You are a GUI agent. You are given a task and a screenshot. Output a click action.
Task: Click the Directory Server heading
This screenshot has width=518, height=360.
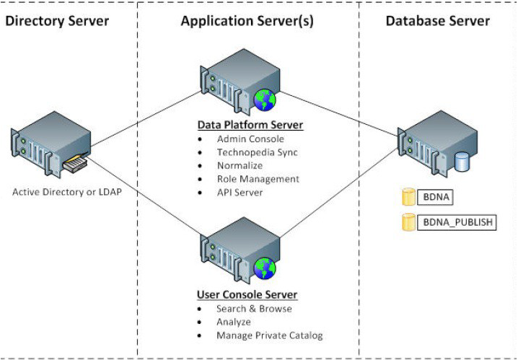click(x=57, y=20)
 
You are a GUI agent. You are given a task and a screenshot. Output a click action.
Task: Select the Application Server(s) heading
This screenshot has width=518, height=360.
click(x=247, y=20)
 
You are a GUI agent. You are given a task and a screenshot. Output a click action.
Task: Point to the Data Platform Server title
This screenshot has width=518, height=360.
click(x=250, y=124)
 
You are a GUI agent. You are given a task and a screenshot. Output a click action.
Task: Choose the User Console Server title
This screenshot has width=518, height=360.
click(x=247, y=294)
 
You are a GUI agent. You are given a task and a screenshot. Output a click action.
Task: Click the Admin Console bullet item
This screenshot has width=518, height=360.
click(x=250, y=139)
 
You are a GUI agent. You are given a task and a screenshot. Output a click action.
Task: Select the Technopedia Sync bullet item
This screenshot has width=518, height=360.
click(x=258, y=152)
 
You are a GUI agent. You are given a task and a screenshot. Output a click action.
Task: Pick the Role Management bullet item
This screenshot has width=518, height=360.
click(x=257, y=179)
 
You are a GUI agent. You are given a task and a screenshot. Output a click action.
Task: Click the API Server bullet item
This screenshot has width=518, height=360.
click(x=240, y=192)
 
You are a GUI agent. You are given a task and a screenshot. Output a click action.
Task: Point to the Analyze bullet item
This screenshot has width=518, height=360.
click(x=234, y=322)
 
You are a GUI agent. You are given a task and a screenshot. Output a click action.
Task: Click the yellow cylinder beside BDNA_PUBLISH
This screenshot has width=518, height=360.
click(x=408, y=222)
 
